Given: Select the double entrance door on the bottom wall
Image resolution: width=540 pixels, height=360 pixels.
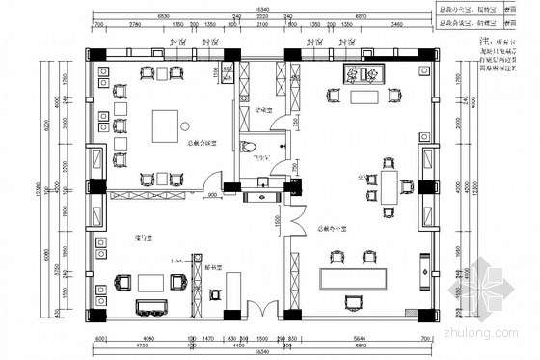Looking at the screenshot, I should (257, 312).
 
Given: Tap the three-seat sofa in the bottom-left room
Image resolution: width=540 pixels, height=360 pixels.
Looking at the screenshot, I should (150, 307).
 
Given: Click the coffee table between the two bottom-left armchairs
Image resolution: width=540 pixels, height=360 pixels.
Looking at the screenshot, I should (150, 283).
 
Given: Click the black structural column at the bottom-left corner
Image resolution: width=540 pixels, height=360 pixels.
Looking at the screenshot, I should (99, 315).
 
